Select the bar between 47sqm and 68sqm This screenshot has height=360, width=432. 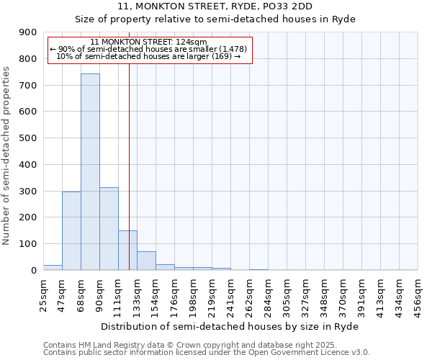point(71,231)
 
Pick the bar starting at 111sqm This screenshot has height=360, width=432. point(127,251)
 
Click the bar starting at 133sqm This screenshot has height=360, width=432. point(146,261)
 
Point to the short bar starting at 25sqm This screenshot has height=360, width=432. point(53,267)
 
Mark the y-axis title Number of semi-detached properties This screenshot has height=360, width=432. point(7,155)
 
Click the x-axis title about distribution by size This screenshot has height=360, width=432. point(230,326)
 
